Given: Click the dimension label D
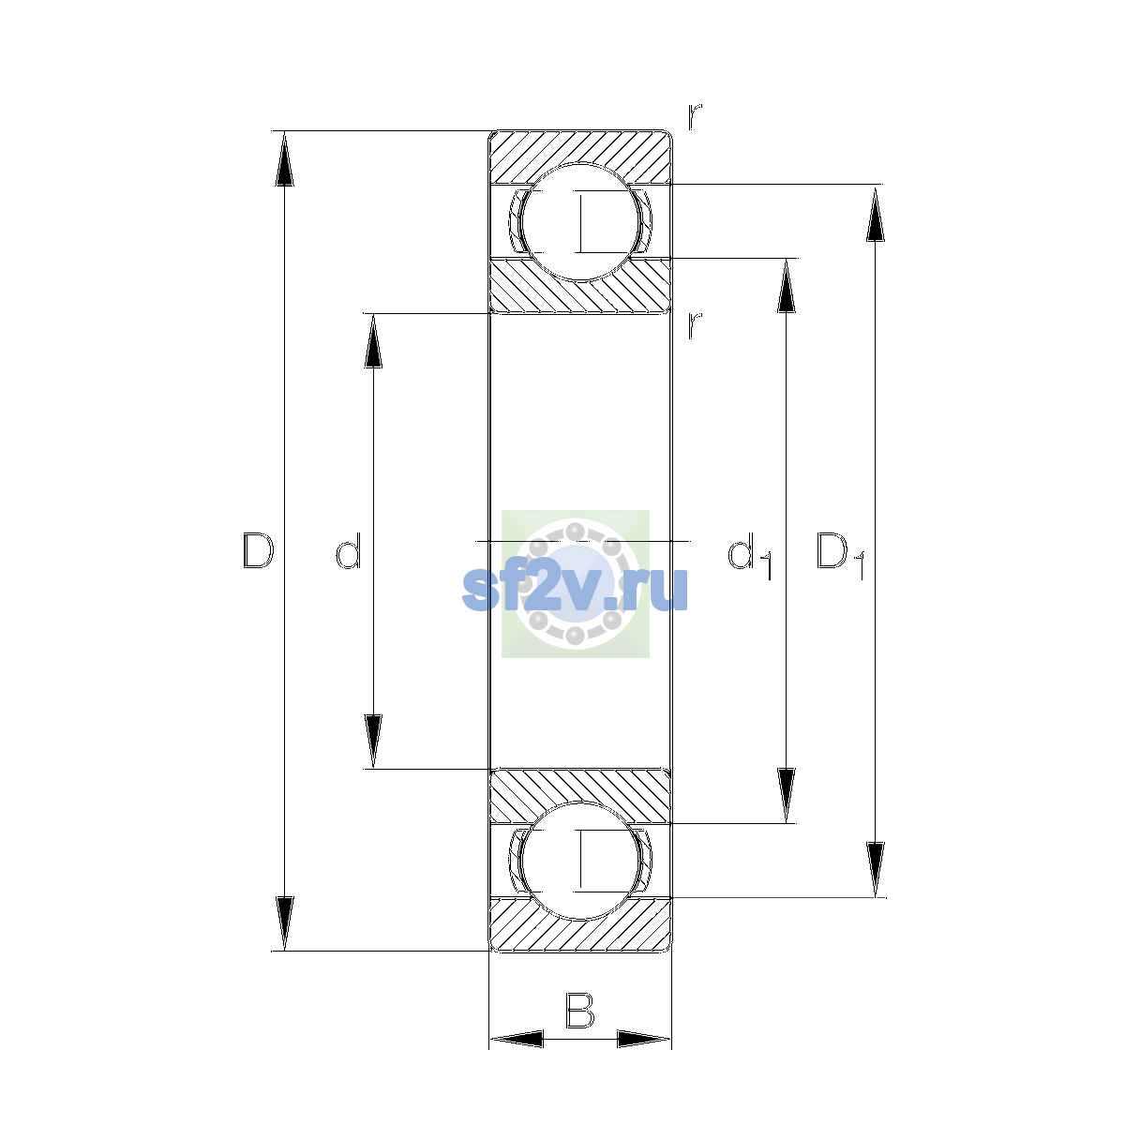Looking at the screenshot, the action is coord(258,550).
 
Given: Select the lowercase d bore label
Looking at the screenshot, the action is coord(349,550).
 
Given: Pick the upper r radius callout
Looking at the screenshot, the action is coord(695,117).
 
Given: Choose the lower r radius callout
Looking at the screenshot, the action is coord(695,325).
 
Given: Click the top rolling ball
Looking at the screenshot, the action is coord(580,222).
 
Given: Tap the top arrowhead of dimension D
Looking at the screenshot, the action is coord(284,158).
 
